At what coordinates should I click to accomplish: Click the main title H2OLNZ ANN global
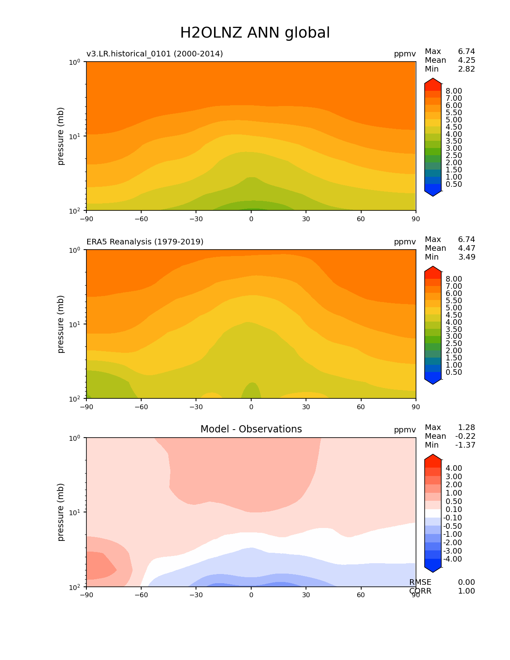click(255, 33)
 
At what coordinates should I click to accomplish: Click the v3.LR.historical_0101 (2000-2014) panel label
click(154, 54)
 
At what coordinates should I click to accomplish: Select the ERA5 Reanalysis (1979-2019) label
click(145, 242)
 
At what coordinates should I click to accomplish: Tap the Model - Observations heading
click(251, 429)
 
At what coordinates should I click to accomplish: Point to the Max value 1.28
click(466, 427)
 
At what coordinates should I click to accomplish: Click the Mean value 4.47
click(466, 248)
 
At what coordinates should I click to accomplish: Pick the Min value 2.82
click(466, 69)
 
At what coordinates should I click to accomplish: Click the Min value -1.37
click(465, 445)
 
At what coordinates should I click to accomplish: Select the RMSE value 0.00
click(466, 582)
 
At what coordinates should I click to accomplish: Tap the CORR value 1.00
click(466, 591)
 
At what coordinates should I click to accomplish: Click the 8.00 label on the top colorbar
click(454, 91)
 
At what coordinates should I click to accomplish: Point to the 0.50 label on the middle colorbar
click(454, 372)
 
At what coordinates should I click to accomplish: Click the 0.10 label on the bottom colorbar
click(454, 509)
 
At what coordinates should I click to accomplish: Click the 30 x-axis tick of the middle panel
click(306, 406)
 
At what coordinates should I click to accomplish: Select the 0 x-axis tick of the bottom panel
click(251, 594)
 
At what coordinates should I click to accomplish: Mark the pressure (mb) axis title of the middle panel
click(61, 324)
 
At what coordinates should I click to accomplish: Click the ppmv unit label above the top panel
click(404, 54)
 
